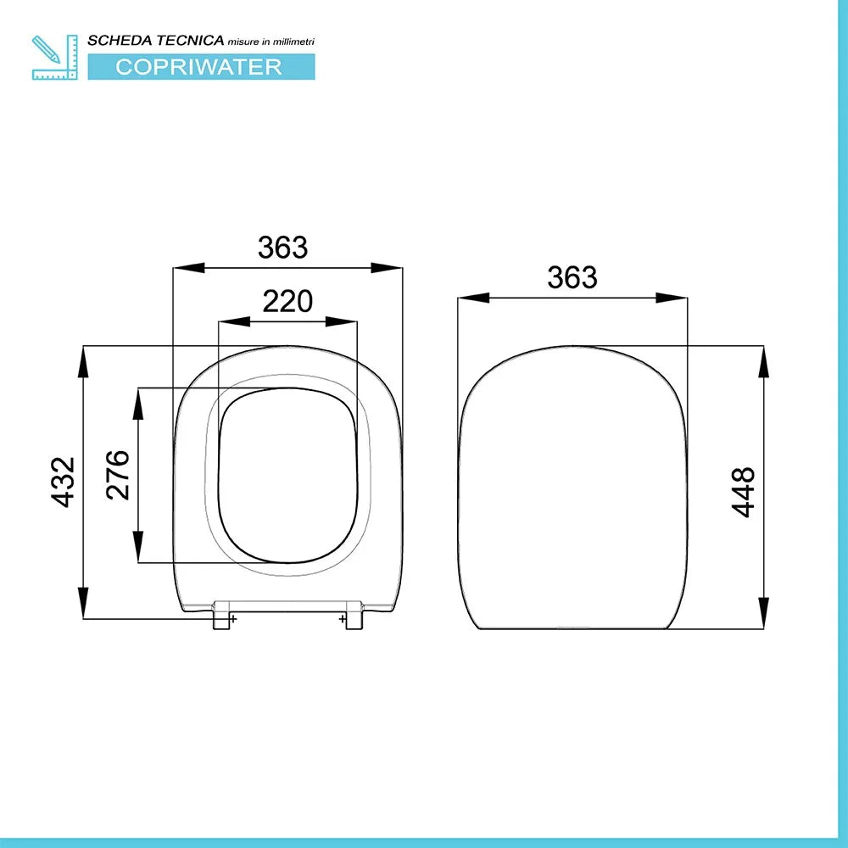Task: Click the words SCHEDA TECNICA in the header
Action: pyautogui.click(x=156, y=40)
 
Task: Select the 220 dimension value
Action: pyautogui.click(x=287, y=301)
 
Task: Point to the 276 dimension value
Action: pyautogui.click(x=117, y=475)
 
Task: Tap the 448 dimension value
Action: pyautogui.click(x=743, y=492)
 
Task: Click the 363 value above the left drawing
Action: pyautogui.click(x=282, y=248)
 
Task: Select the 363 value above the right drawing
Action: pyautogui.click(x=572, y=277)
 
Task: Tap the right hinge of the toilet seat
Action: pyautogui.click(x=354, y=616)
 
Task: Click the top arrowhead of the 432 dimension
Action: pyautogui.click(x=83, y=360)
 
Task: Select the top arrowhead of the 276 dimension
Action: pyautogui.click(x=137, y=402)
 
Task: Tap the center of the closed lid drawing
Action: pyautogui.click(x=572, y=488)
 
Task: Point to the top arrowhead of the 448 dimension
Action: pyautogui.click(x=763, y=361)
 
